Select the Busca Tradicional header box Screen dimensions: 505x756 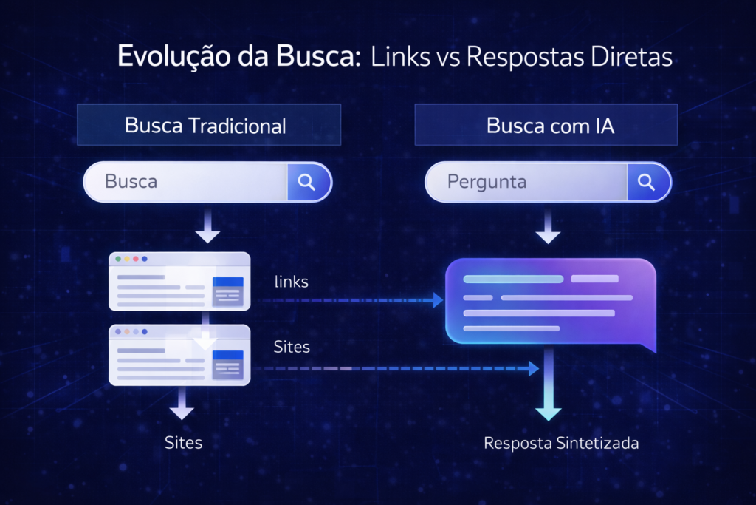point(209,125)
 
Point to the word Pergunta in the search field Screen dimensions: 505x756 point(487,182)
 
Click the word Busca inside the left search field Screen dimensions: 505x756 point(131,182)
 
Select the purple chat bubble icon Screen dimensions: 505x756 point(550,302)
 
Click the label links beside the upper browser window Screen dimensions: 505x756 point(291,282)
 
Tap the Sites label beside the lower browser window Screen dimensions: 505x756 point(292,346)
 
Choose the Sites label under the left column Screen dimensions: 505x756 point(183,443)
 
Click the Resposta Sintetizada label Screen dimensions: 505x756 point(561,444)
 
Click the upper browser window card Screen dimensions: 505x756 point(179,281)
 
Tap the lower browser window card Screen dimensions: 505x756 point(179,355)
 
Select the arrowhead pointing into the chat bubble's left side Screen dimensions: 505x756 point(438,300)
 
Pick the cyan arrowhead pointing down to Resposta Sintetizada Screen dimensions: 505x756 point(548,411)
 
